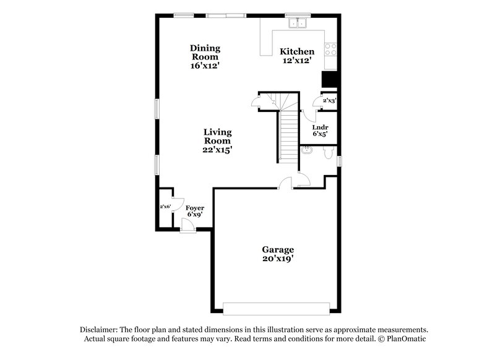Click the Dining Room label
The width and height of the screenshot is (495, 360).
coord(205,53)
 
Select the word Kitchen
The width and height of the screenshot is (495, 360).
coord(297,51)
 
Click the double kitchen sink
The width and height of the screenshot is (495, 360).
coord(299,24)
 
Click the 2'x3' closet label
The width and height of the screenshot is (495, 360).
coord(329,100)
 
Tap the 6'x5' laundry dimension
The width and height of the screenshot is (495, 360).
coord(320,134)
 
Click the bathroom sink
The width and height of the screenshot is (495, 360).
coord(306,150)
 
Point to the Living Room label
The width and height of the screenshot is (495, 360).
coord(218,136)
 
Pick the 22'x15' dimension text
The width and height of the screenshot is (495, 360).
coord(218,150)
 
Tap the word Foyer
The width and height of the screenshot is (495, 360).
coord(196,208)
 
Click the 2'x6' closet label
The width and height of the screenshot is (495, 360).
coord(165,207)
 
